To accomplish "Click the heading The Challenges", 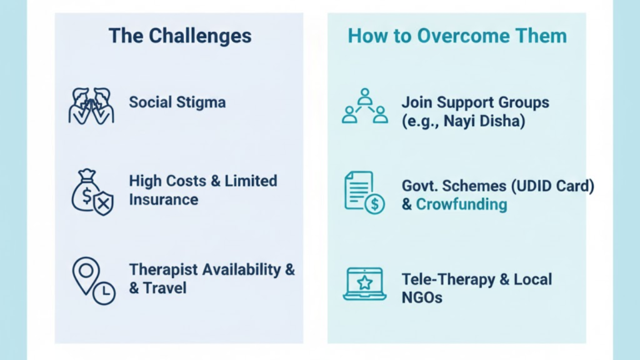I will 180,36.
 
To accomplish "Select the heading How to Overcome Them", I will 457,36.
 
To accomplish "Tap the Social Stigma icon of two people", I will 91,105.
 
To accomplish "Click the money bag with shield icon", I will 92,191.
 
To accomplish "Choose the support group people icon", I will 365,106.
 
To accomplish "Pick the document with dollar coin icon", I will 364,192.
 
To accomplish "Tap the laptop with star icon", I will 364,284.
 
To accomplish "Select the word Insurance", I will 163,200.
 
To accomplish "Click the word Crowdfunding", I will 461,204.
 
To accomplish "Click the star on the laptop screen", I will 364,281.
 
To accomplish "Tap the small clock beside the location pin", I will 104,292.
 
